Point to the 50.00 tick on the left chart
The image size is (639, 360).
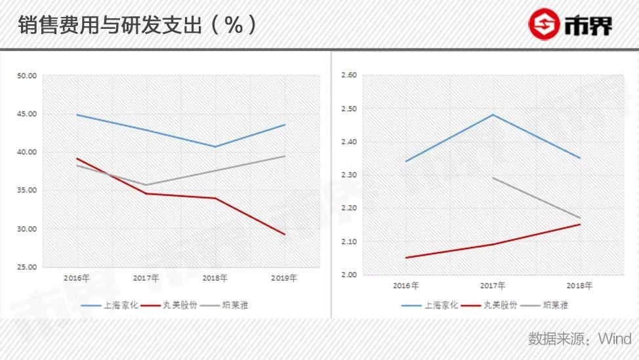coord(27,76)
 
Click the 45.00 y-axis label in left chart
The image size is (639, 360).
coord(27,114)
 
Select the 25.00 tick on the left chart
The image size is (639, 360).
coord(27,267)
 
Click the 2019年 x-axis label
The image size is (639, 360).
coord(284,278)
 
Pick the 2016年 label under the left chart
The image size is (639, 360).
coord(77,278)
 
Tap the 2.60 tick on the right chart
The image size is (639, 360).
coord(348,75)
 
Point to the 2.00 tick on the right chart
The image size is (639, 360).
coord(348,275)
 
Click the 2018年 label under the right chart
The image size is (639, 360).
coord(579,286)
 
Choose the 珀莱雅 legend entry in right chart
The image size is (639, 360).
coord(555,305)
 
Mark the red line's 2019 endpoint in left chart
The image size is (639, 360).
coord(285,234)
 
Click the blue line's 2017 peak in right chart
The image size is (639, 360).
coord(492,115)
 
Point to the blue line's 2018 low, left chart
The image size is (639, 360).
coord(215,146)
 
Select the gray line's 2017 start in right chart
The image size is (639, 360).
coord(492,178)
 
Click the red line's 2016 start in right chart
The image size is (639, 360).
coord(405,258)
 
